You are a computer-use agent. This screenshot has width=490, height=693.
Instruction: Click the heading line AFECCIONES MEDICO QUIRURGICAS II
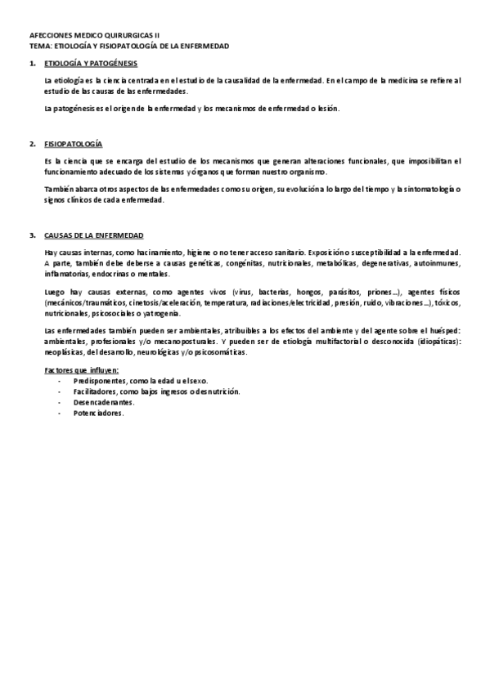point(95,37)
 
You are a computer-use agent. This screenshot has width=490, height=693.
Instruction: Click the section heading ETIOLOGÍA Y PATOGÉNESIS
point(91,63)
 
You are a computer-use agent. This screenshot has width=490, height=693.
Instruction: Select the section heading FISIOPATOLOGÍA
point(74,144)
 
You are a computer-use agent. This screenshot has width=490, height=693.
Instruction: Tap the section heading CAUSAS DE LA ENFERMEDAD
point(94,235)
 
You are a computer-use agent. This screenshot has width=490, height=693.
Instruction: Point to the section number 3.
point(32,235)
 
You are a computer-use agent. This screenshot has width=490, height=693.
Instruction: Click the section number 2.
point(32,144)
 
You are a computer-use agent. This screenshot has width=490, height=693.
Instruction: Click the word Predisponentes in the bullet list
point(95,382)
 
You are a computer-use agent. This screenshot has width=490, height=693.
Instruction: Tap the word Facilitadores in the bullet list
point(92,392)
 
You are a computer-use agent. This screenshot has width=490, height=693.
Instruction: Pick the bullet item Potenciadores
point(97,414)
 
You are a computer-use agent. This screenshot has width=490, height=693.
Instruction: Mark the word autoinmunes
point(437,264)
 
